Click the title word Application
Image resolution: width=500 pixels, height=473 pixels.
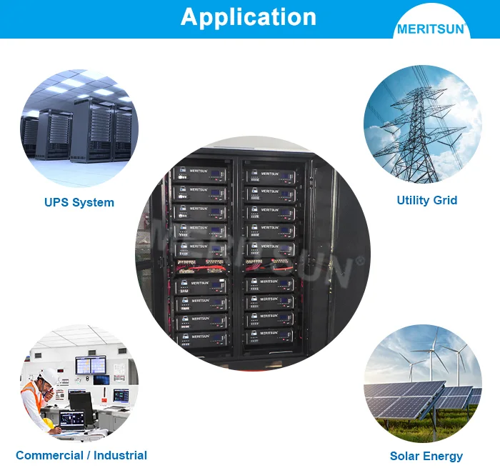tap(248, 16)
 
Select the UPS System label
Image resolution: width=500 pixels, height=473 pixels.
tap(79, 202)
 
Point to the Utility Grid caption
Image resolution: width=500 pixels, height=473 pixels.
tap(426, 200)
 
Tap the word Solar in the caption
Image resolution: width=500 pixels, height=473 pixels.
tap(406, 456)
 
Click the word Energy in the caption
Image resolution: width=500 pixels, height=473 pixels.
tap(444, 456)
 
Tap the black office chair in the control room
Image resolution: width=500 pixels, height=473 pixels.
tap(80, 404)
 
